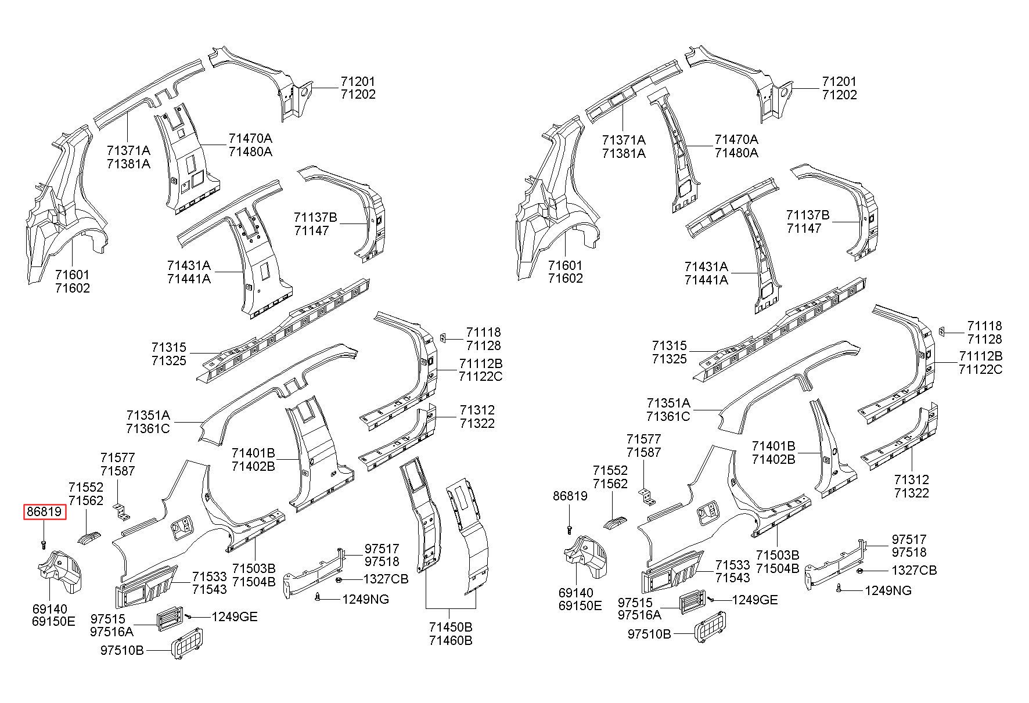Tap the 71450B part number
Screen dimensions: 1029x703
coord(451,628)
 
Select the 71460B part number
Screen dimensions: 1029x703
coord(451,641)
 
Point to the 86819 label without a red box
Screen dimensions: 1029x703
coord(570,496)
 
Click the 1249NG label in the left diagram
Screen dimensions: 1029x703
coord(365,599)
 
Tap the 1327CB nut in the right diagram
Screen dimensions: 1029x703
coord(861,571)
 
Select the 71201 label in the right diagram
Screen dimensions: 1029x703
coord(839,82)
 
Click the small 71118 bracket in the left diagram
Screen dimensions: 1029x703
coord(442,338)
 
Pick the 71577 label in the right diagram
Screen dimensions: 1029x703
coord(643,439)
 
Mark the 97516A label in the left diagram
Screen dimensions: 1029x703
coord(112,632)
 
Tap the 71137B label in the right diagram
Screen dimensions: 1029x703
coord(808,215)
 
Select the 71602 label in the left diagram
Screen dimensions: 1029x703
coord(73,288)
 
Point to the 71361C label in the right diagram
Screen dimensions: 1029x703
coord(668,416)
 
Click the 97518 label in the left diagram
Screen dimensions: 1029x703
coord(382,561)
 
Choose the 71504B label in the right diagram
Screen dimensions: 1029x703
coord(778,568)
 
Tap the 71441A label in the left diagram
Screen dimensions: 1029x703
coord(189,279)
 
